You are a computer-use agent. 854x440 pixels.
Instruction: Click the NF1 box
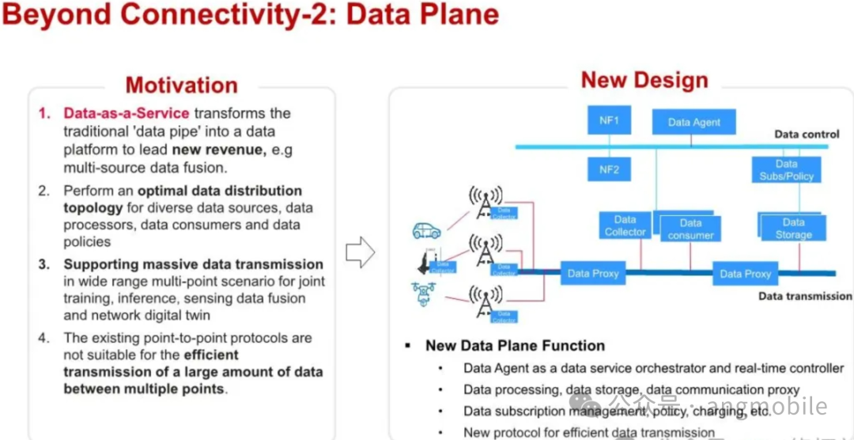(609, 121)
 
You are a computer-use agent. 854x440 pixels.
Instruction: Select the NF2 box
(609, 169)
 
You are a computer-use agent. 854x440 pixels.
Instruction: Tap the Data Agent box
(694, 122)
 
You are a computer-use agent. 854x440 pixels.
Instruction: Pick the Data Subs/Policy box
(786, 169)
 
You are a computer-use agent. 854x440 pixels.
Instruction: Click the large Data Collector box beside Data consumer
(625, 226)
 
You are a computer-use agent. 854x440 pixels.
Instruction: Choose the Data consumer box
(690, 229)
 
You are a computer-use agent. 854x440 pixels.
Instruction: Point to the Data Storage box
(793, 228)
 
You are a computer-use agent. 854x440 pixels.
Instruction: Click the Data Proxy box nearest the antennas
(593, 274)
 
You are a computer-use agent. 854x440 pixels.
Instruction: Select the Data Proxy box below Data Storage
(745, 274)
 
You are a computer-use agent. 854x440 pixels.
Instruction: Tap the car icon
(425, 231)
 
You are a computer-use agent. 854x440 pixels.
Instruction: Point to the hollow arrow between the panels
(360, 252)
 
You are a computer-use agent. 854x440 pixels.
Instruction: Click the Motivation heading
(181, 85)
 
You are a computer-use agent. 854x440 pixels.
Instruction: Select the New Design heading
(644, 80)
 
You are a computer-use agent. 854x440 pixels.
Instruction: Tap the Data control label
(807, 135)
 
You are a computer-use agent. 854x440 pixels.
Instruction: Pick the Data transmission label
(805, 296)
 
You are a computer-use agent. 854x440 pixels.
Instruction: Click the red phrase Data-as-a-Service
(127, 113)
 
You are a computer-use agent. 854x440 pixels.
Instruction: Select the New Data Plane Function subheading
(515, 346)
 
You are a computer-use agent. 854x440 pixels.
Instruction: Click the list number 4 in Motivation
(44, 338)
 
